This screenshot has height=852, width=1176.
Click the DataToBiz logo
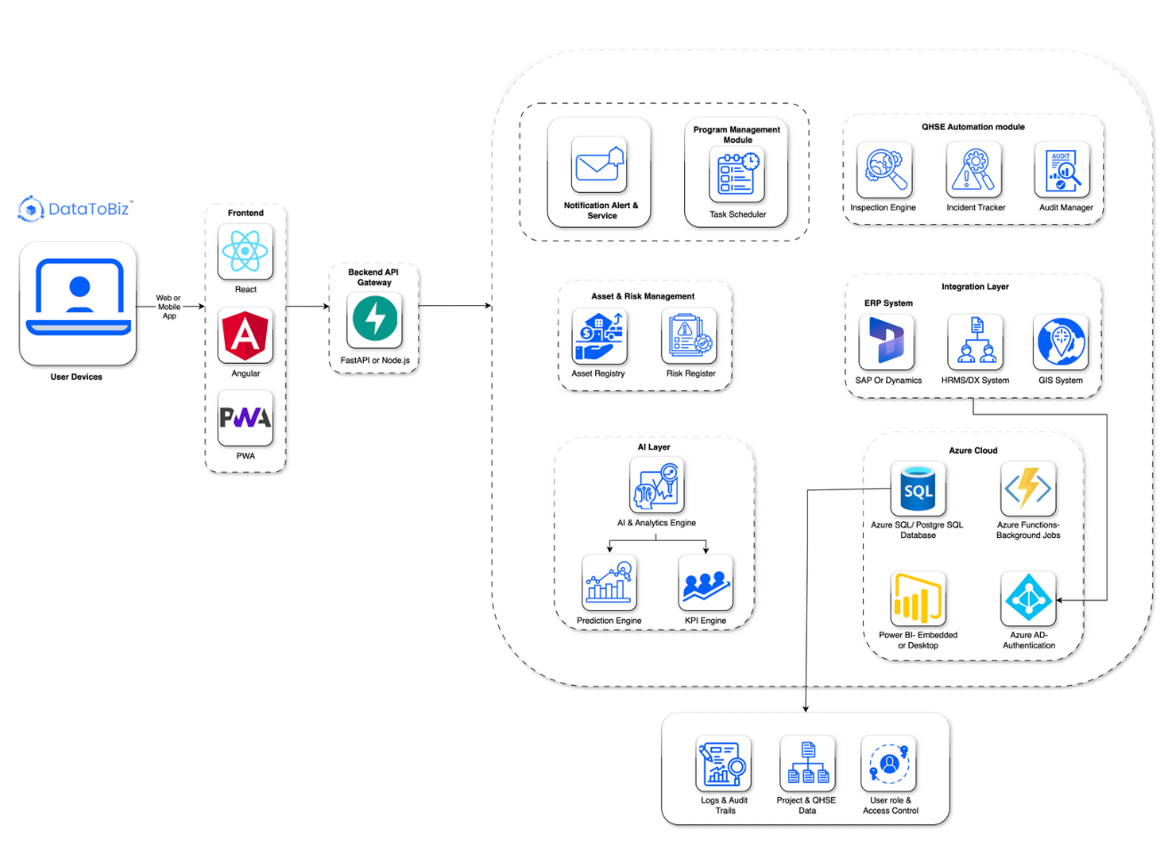[75, 209]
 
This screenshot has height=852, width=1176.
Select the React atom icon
[246, 252]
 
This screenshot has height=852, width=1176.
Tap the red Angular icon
[246, 335]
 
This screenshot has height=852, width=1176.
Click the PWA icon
[246, 418]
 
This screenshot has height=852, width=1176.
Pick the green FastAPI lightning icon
[375, 319]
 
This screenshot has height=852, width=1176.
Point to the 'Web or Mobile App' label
[168, 307]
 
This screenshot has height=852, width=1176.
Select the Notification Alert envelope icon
[599, 165]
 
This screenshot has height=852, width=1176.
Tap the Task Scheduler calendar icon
[737, 173]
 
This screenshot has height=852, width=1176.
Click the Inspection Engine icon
[883, 170]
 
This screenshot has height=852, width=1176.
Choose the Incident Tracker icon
[974, 170]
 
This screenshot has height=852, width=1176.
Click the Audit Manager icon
[1062, 170]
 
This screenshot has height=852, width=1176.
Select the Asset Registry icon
[599, 336]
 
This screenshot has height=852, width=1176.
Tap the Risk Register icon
[689, 336]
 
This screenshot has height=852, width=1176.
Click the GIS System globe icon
[1060, 342]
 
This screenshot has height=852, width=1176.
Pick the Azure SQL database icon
[918, 488]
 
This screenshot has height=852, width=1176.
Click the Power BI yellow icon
[917, 599]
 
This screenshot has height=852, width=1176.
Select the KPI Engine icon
[705, 583]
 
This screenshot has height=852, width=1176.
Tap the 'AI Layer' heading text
[654, 447]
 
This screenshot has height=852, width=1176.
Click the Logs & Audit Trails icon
[723, 763]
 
